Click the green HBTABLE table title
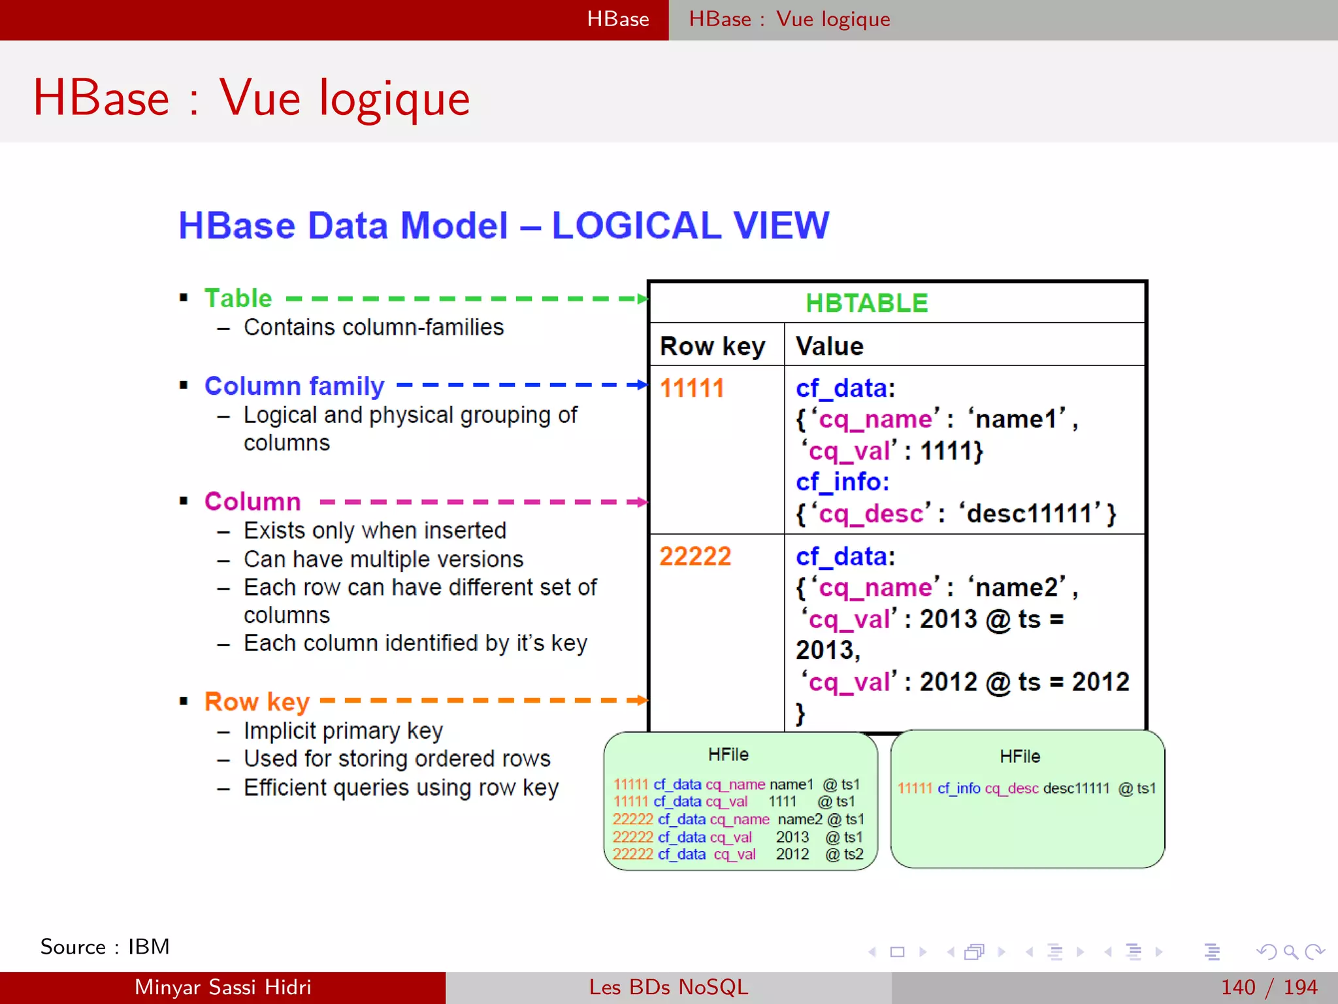point(866,303)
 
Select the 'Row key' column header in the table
point(712,346)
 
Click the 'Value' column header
point(829,346)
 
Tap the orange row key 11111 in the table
point(692,388)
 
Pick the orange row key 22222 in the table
point(695,556)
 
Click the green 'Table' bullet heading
point(238,298)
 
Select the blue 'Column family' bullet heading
point(294,386)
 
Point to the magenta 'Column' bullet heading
point(252,501)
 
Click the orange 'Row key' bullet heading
point(257,701)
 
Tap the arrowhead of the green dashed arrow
point(642,299)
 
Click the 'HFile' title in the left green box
point(728,754)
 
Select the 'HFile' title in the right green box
point(1020,756)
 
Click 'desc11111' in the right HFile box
point(1076,788)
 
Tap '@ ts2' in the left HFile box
point(844,854)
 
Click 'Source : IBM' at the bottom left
point(105,946)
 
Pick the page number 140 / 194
point(1269,987)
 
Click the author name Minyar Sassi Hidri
point(223,987)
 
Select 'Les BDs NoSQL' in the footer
point(668,987)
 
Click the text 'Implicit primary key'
point(343,730)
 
